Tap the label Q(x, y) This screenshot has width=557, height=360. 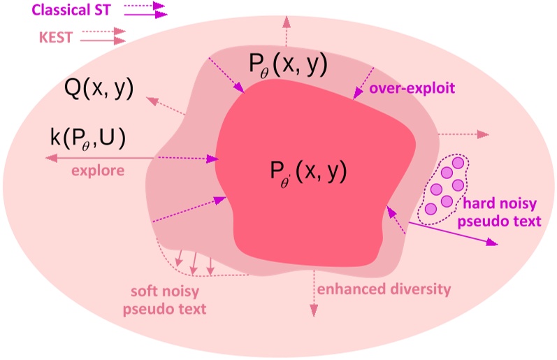click(x=97, y=88)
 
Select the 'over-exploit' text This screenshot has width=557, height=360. click(x=412, y=89)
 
